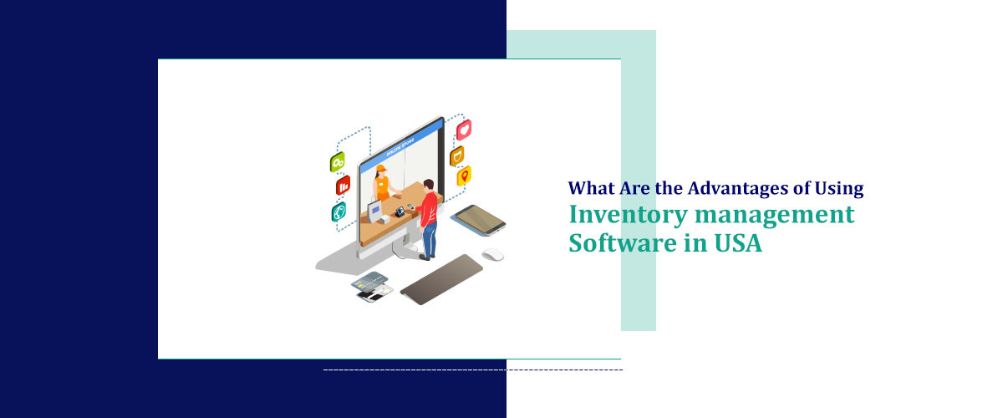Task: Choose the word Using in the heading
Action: (839, 189)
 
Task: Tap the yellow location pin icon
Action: (463, 176)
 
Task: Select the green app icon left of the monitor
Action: (338, 162)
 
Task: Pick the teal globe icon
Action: (339, 212)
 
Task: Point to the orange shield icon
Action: (457, 155)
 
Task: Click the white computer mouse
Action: (492, 254)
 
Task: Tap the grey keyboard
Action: (441, 278)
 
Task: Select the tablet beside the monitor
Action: (478, 219)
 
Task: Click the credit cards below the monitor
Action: (372, 284)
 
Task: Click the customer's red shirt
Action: (429, 207)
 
